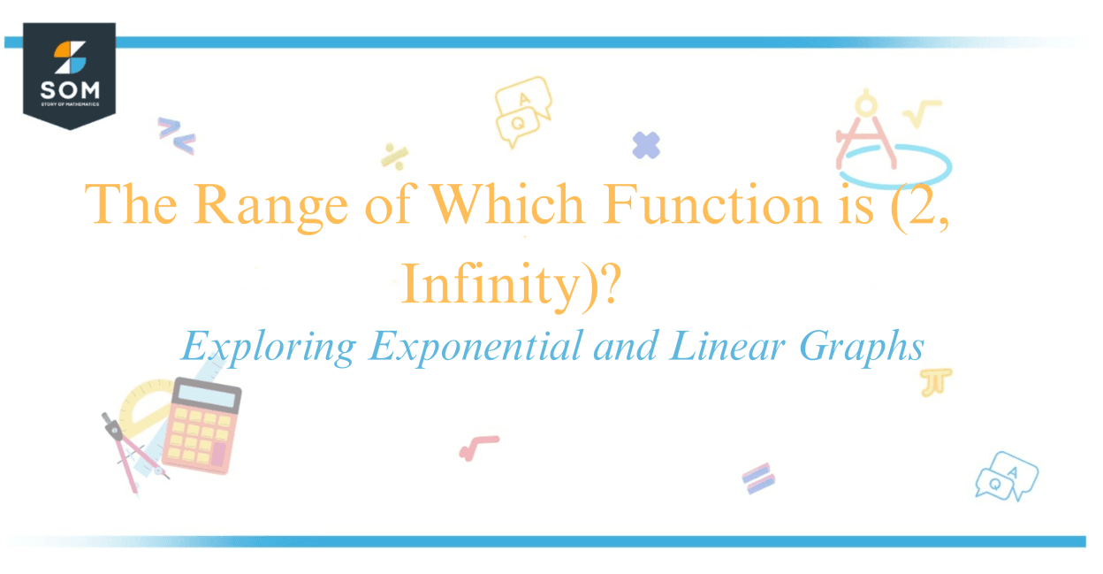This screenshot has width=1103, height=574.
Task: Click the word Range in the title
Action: pos(270,205)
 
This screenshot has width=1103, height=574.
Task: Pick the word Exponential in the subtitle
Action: pos(476,346)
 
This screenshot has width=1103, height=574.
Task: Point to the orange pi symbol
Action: pos(936,382)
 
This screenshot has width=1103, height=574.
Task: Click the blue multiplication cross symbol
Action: pos(646,145)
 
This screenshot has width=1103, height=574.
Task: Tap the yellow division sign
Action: pos(394,155)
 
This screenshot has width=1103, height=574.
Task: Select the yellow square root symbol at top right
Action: pos(923,112)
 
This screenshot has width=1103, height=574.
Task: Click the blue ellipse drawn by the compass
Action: pos(895,164)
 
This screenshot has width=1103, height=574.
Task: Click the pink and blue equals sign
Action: pos(758,478)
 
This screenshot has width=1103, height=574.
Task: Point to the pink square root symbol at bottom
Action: pos(478,447)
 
